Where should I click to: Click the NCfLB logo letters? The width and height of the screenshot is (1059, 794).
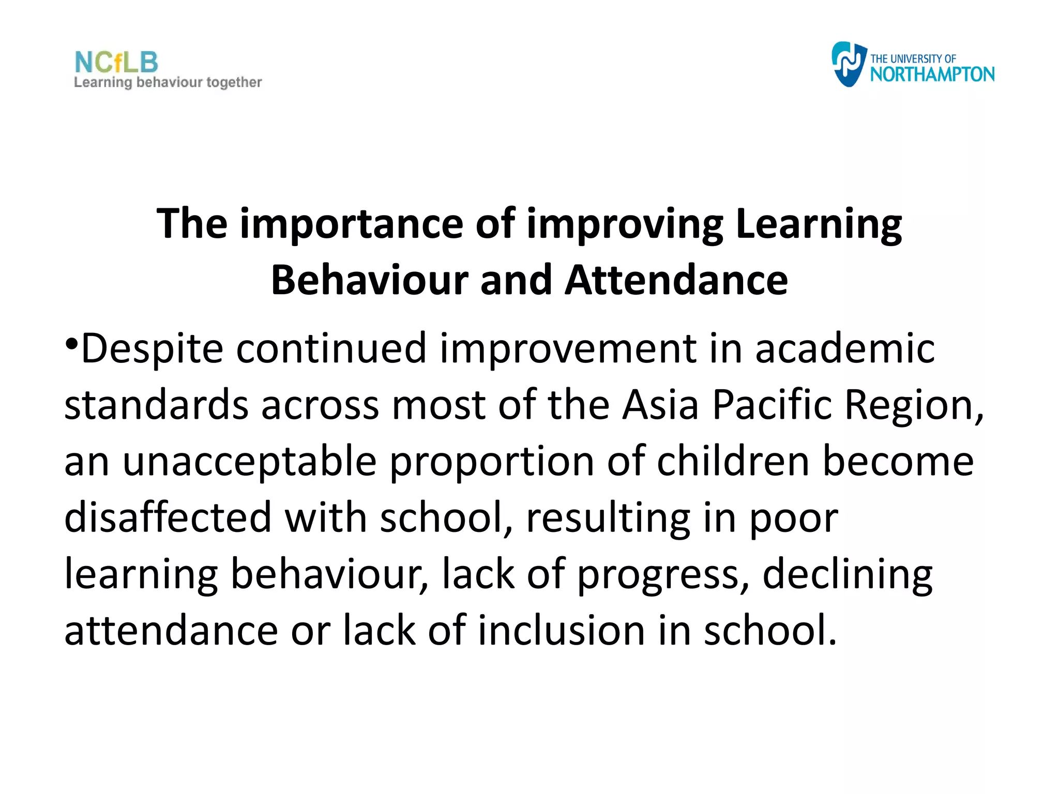(116, 63)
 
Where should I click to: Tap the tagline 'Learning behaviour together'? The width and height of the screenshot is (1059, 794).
(168, 83)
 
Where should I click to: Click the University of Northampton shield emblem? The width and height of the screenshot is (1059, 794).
(848, 64)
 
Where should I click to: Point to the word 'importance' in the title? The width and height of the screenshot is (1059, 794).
(351, 224)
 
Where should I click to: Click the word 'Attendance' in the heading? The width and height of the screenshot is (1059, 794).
(676, 280)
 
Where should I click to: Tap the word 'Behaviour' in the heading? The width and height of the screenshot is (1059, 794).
(369, 280)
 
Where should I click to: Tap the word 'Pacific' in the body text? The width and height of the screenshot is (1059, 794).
(772, 405)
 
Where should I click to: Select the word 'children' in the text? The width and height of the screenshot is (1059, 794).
(733, 461)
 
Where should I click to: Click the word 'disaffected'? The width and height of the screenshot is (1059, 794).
(168, 517)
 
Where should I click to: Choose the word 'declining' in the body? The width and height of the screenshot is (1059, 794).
(848, 575)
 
